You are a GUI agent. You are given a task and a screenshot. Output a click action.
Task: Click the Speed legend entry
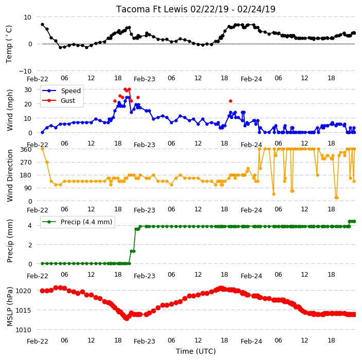click(x=61, y=91)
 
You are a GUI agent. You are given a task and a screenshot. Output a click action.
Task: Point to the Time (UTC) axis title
click(x=196, y=351)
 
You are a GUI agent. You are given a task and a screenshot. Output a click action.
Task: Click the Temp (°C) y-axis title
click(x=9, y=44)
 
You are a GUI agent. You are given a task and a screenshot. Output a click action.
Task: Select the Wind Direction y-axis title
click(x=10, y=175)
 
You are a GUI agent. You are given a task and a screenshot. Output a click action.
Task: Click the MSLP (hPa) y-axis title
click(x=10, y=306)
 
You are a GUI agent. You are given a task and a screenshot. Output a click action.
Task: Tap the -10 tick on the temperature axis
click(x=25, y=71)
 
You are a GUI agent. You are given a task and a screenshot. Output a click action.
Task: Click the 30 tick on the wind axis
click(x=28, y=89)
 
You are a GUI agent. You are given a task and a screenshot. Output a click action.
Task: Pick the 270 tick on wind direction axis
click(x=26, y=163)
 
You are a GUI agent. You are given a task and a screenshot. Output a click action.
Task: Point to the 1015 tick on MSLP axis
click(x=23, y=310)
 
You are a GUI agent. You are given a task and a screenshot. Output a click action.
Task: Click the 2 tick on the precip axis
click(x=30, y=245)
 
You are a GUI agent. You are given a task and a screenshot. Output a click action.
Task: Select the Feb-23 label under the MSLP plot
click(x=144, y=341)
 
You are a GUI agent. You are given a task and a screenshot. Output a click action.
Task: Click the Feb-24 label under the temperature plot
click(x=251, y=79)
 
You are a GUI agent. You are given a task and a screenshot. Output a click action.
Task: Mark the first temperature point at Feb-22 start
click(x=42, y=25)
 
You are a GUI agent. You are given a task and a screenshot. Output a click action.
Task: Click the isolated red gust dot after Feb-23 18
click(x=230, y=101)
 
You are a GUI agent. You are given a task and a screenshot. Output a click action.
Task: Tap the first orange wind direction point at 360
click(x=42, y=149)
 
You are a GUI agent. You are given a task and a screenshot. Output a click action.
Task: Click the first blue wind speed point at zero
click(x=42, y=133)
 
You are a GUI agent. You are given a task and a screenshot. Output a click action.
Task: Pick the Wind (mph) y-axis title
click(x=10, y=111)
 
